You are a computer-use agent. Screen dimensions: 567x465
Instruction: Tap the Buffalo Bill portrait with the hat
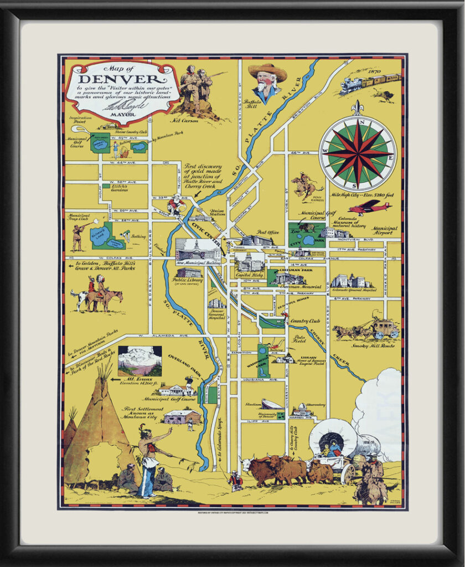267,81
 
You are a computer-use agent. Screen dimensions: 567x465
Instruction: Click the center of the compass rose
358,153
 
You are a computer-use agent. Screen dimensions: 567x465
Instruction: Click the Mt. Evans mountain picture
139,360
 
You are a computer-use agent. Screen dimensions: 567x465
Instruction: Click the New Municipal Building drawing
198,250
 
